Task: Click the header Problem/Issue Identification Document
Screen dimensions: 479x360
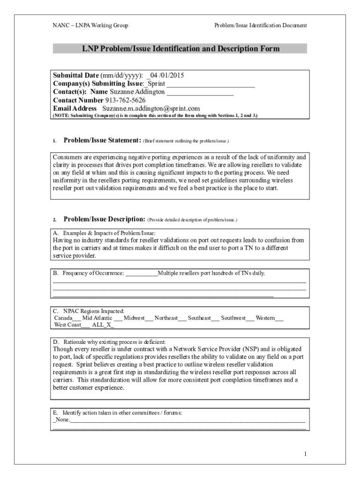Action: point(260,25)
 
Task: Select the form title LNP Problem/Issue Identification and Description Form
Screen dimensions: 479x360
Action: point(180,49)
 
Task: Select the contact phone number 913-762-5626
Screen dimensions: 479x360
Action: point(125,100)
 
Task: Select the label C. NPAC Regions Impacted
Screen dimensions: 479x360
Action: point(88,311)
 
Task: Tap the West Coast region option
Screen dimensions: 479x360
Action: point(67,325)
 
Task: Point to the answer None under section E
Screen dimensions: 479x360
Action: point(62,420)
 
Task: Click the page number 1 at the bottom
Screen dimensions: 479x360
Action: point(305,454)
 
